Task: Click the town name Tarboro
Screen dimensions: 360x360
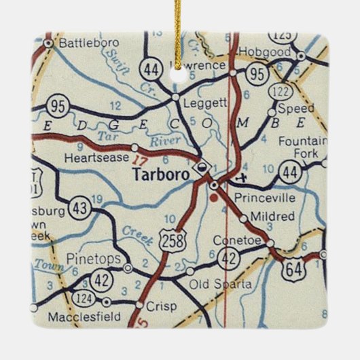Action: (162, 174)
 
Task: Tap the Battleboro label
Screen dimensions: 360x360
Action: (84, 43)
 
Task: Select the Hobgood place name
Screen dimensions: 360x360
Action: (268, 52)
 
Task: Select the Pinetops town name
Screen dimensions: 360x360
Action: (94, 258)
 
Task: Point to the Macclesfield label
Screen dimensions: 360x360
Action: (84, 316)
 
